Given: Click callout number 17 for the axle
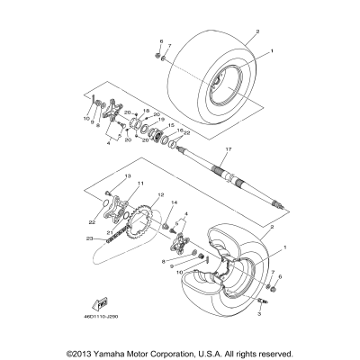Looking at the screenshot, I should coord(229,149).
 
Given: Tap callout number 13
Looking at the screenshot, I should coord(128,176).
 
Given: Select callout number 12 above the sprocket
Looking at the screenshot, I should coord(161,195).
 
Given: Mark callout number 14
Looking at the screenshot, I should coord(174,204).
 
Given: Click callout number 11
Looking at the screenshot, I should coord(115,184).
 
